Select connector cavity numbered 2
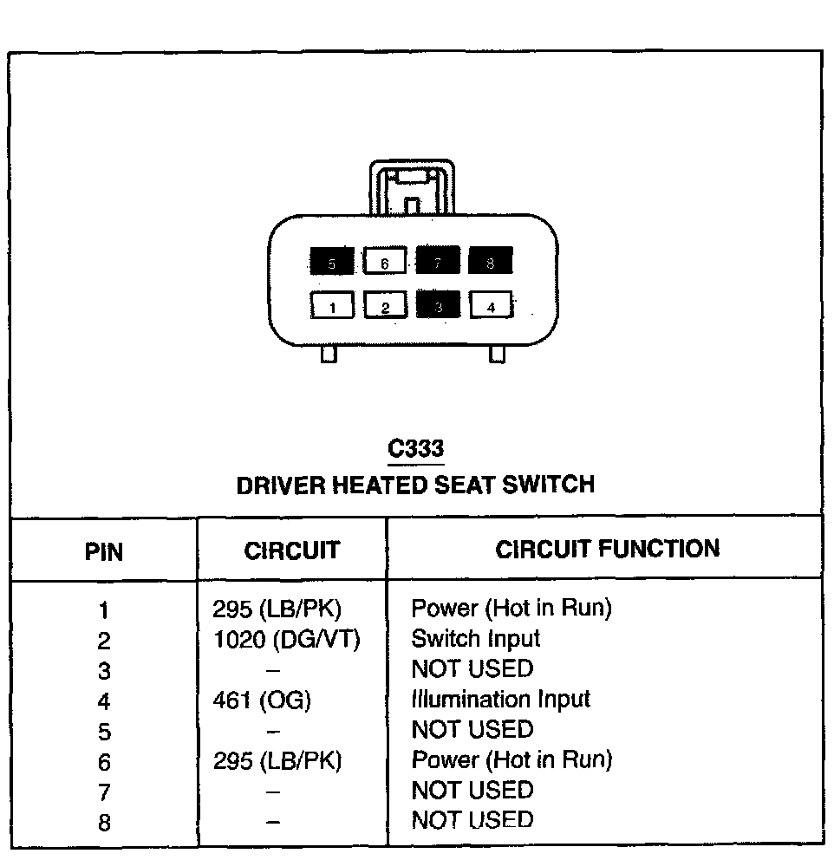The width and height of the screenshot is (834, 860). point(386,306)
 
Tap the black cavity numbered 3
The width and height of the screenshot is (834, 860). point(439,305)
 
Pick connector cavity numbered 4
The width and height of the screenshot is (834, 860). point(492,305)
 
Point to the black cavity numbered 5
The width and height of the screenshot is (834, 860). point(332,262)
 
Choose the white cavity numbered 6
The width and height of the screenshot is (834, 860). point(385,261)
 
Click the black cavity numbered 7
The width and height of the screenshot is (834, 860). point(438,261)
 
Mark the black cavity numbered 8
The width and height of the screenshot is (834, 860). point(491,261)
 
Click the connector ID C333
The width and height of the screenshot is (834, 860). point(416,448)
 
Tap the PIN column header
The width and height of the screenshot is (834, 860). point(104,551)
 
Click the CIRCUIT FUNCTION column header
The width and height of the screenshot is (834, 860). point(607,549)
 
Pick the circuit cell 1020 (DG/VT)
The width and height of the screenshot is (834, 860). point(285,640)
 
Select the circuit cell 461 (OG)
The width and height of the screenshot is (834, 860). point(262,700)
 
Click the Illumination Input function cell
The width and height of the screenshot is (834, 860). point(500,700)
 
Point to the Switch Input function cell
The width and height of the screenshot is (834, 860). point(475,639)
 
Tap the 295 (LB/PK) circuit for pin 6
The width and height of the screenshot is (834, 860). point(277,761)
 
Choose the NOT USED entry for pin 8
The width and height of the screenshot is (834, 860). point(472,820)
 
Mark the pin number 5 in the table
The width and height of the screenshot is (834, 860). point(104,732)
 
